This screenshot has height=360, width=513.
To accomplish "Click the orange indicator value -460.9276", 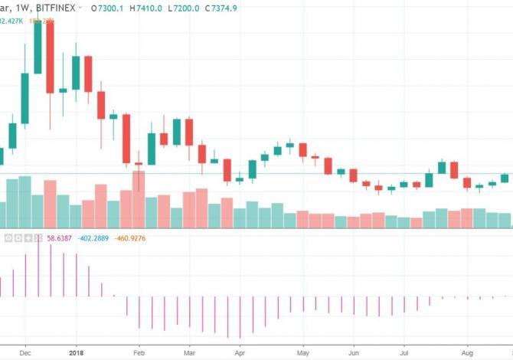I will tap(132, 239).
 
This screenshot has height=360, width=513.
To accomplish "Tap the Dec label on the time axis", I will tap(25, 354).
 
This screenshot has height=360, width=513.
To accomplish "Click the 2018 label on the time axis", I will tap(76, 354).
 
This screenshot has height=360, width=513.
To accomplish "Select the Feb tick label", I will tap(139, 354).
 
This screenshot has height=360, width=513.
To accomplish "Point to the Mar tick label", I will tap(189, 354).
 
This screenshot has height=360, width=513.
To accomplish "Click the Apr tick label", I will tap(240, 354).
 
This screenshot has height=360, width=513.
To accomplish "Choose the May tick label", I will tap(303, 354).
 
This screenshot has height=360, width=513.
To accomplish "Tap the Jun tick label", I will tap(353, 354).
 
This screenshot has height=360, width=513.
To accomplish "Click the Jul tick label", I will tap(404, 354).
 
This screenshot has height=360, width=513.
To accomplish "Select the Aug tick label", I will tap(467, 354).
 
